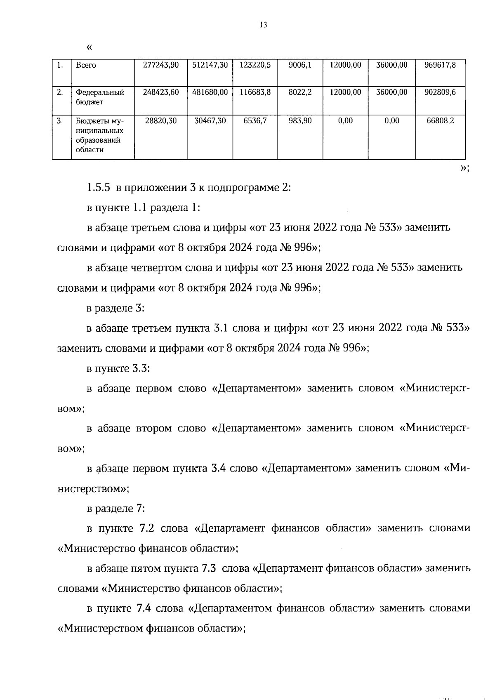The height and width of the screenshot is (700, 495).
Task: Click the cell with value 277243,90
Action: [161, 65]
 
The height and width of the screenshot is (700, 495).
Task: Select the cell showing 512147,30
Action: [210, 65]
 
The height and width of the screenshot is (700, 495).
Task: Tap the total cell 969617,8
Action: [440, 65]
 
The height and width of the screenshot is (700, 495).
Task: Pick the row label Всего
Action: [86, 65]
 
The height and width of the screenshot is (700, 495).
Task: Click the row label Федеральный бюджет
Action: [100, 97]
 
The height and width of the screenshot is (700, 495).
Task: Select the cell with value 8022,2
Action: [300, 92]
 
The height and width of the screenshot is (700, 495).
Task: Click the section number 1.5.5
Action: [98, 188]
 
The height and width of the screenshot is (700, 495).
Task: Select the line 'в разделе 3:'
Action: [115, 308]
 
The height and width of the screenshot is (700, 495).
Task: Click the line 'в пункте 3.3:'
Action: [118, 368]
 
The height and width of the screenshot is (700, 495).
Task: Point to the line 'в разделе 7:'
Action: [115, 509]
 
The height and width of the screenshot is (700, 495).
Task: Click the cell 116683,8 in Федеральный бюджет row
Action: [255, 92]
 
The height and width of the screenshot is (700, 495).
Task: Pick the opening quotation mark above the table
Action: [90, 48]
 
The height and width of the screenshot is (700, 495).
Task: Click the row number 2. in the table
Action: [60, 92]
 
